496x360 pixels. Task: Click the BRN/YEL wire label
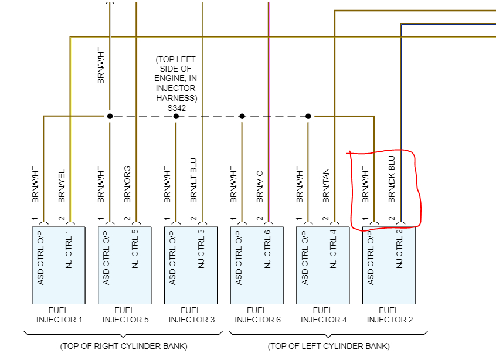pos(62,187)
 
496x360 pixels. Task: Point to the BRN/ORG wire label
pos(128,187)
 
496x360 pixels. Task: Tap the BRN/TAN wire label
pos(326,186)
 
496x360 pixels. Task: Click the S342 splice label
pos(176,107)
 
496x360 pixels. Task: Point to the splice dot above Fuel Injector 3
pos(176,116)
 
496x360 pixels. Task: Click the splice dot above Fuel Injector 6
pos(242,116)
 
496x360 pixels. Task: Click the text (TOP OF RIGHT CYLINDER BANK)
pos(124,346)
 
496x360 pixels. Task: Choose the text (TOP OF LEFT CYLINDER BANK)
pos(329,346)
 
